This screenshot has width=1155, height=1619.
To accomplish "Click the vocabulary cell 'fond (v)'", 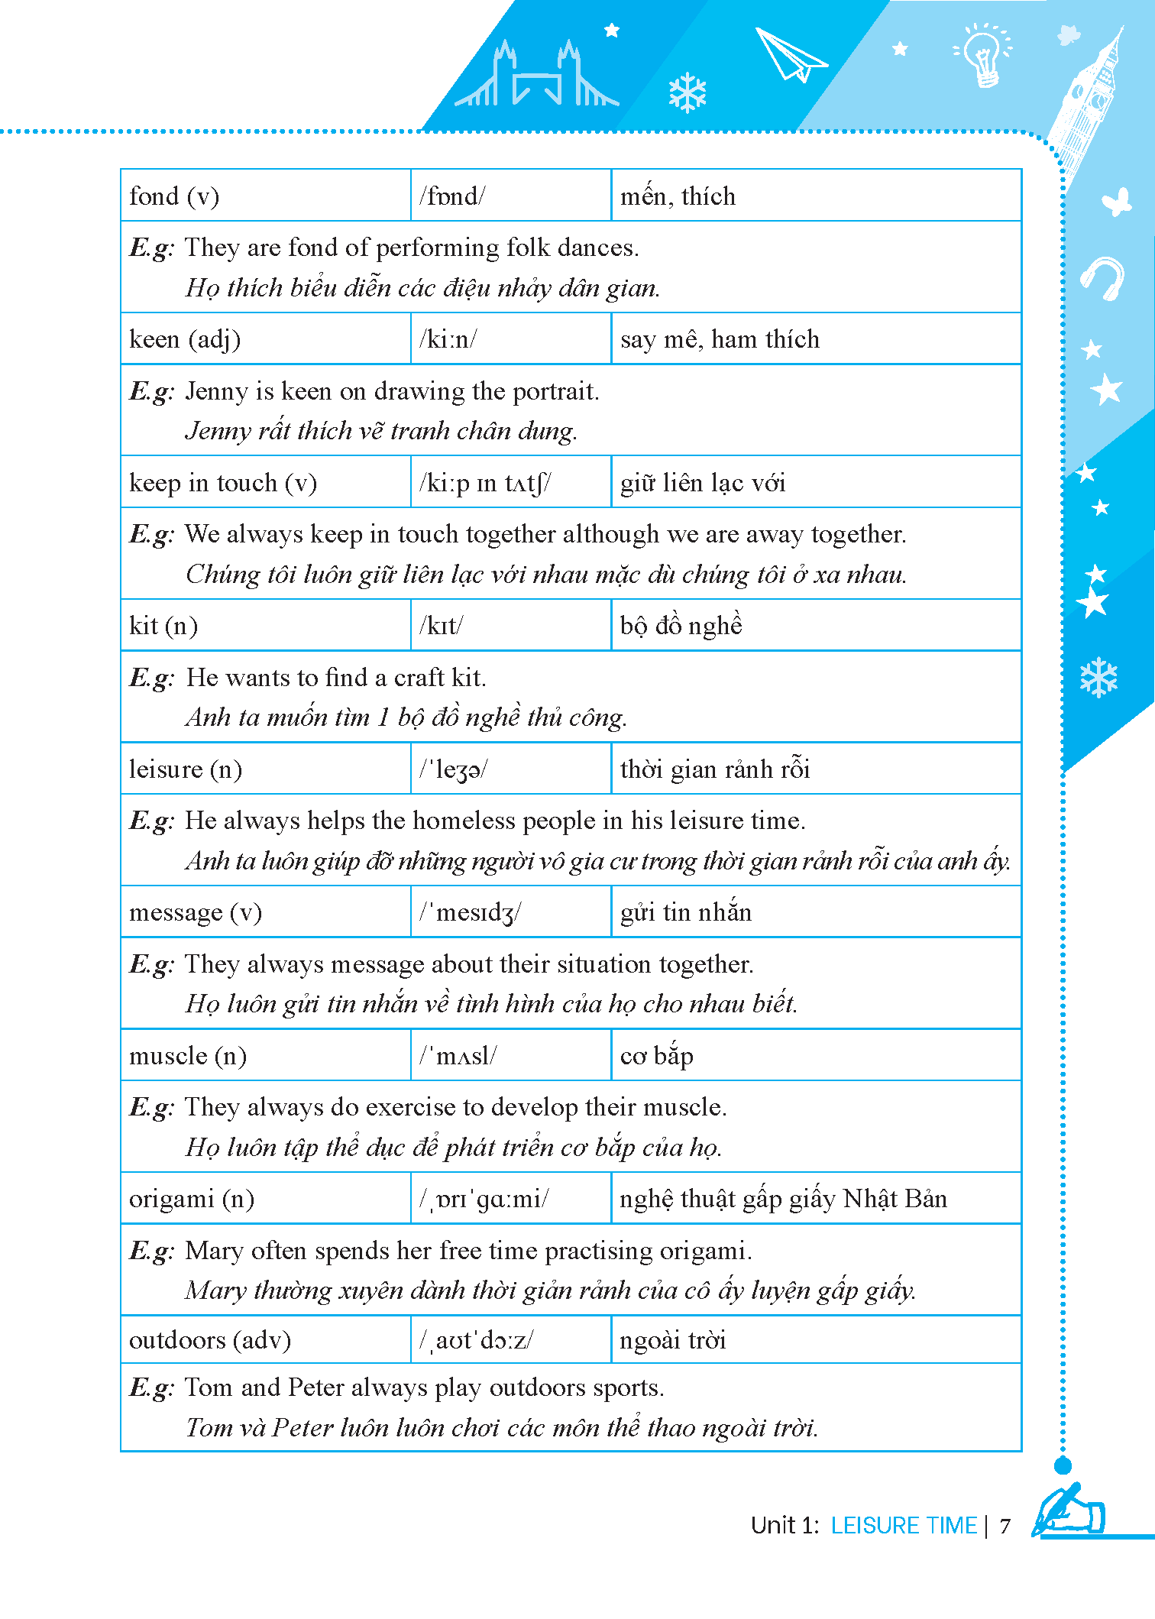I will click(x=174, y=196).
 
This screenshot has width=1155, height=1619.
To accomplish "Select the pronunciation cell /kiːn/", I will click(x=448, y=339).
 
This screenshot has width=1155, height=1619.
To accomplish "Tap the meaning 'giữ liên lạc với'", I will click(x=703, y=483).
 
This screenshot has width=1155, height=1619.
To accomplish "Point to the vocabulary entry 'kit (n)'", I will click(x=163, y=626).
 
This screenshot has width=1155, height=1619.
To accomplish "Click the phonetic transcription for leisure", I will click(x=453, y=769).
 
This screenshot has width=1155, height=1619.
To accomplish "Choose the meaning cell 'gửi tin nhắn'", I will click(x=686, y=912).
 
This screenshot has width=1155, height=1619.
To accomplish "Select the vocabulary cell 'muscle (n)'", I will click(x=188, y=1056).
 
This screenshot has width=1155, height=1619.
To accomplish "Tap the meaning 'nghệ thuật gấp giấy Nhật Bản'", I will click(x=783, y=1199).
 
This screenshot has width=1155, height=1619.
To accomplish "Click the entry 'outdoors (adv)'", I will click(x=210, y=1340).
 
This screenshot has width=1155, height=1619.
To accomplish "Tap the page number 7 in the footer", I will click(x=1005, y=1526).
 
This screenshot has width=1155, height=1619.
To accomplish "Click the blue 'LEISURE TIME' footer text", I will click(x=904, y=1526).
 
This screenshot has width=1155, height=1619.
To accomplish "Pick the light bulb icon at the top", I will click(x=983, y=53).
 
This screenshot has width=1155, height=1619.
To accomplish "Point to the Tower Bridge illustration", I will click(x=537, y=76).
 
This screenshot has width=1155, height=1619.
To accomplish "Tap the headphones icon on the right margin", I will click(x=1102, y=277).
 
